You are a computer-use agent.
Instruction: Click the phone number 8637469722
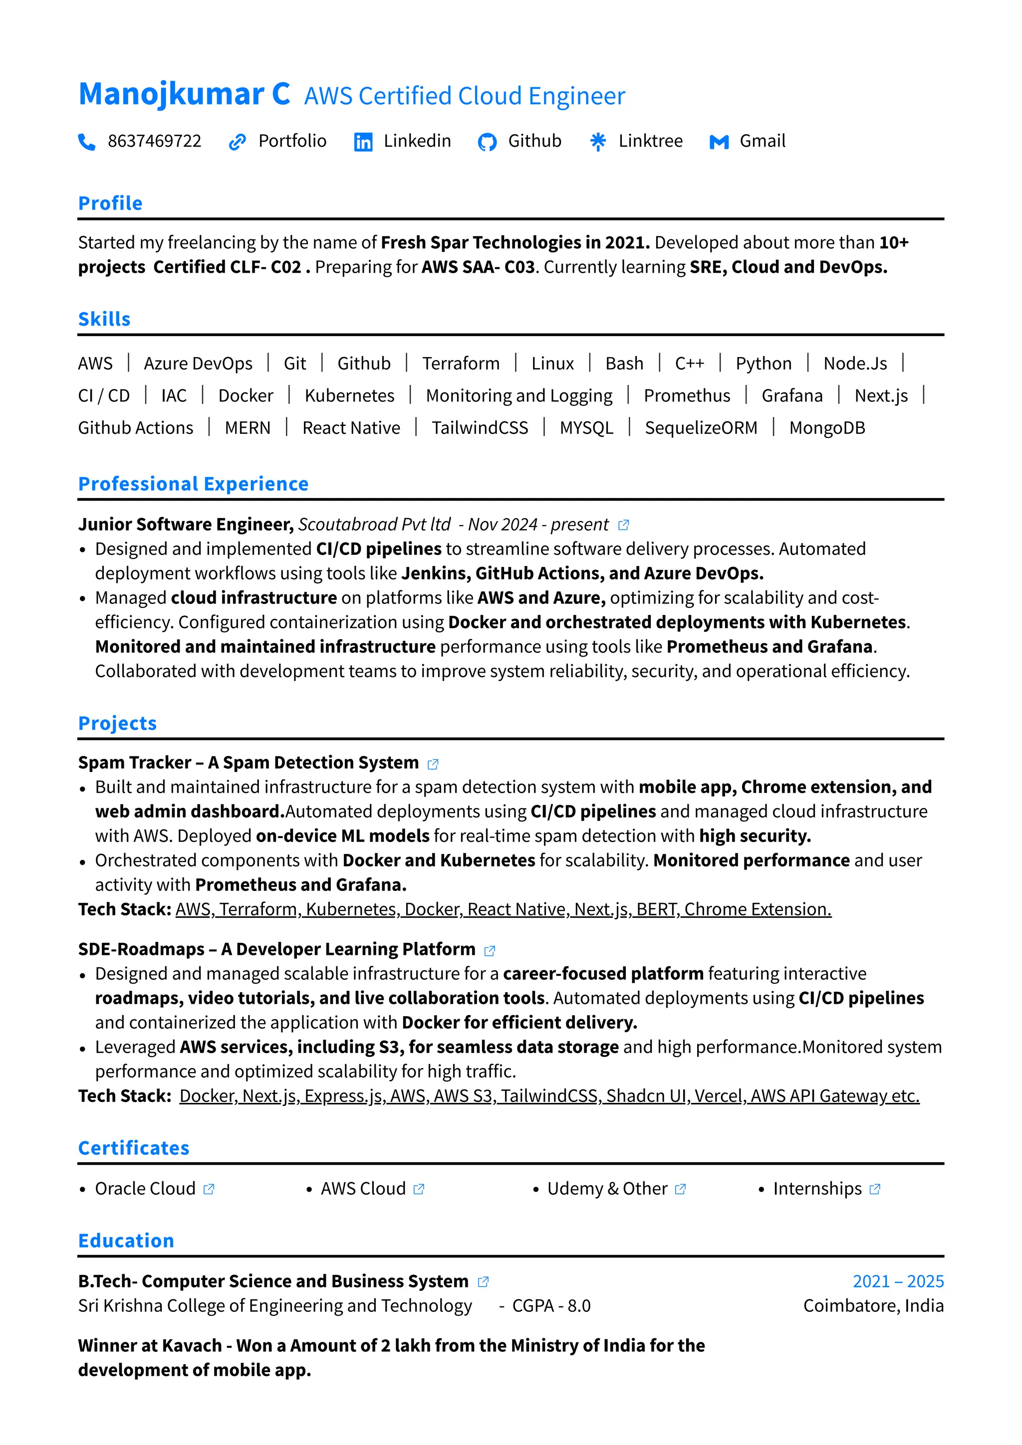[154, 141]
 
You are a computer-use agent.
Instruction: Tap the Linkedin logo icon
[363, 142]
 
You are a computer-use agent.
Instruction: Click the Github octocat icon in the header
[487, 142]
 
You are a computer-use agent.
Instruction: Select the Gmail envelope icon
[719, 142]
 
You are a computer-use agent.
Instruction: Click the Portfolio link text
[292, 141]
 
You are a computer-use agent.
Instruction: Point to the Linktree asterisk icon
[598, 142]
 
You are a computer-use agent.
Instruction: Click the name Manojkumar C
[184, 94]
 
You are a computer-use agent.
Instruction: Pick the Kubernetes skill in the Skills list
[349, 395]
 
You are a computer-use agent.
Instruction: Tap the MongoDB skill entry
[827, 428]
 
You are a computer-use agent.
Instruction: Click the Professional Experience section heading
[193, 484]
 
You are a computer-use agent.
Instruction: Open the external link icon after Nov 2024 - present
[623, 525]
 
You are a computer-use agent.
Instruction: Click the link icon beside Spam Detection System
[433, 764]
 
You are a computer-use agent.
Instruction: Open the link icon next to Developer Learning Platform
[489, 950]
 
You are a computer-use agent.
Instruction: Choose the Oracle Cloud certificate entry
[145, 1188]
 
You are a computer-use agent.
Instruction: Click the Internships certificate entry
[817, 1188]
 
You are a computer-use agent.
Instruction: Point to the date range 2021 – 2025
[898, 1281]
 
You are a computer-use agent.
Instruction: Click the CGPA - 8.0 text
[551, 1306]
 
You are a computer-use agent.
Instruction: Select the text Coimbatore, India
[873, 1306]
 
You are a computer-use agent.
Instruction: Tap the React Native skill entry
[351, 428]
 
